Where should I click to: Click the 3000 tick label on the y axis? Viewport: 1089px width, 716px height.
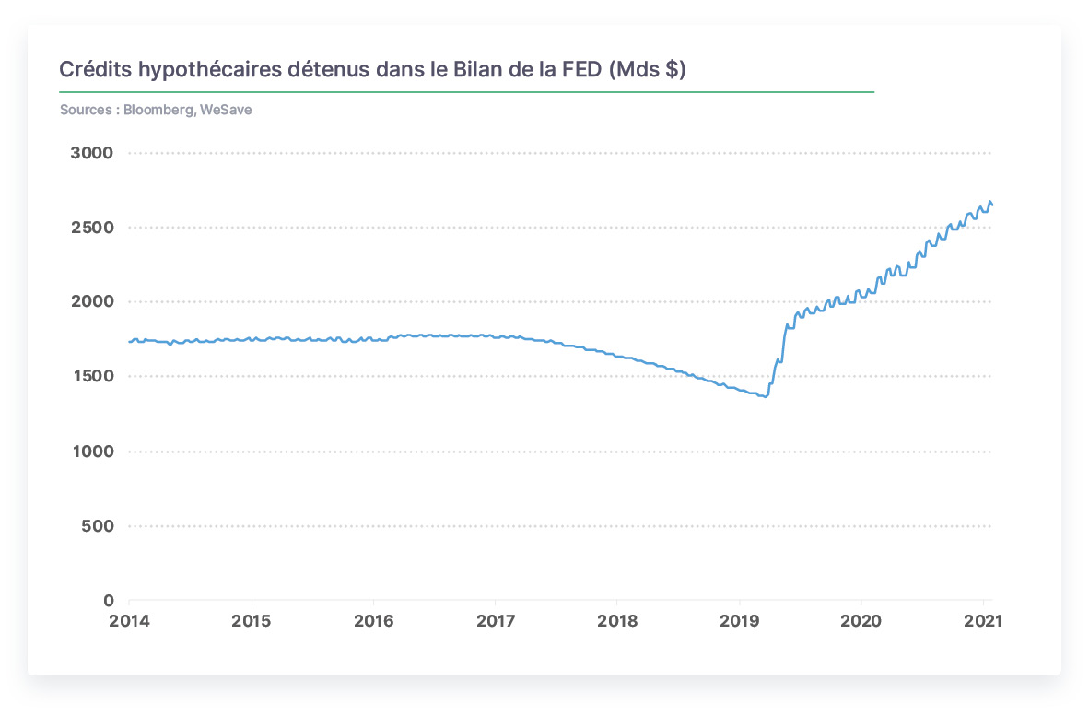click(x=92, y=153)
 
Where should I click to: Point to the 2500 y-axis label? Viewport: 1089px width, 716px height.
click(x=92, y=227)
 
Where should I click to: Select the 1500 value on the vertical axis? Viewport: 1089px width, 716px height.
click(x=92, y=376)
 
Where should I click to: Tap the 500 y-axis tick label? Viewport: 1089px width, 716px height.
click(x=98, y=526)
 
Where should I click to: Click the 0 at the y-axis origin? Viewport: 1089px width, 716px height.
click(x=109, y=600)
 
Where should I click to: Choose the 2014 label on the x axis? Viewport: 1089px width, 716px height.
click(x=129, y=621)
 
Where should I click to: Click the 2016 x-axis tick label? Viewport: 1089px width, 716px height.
click(x=374, y=621)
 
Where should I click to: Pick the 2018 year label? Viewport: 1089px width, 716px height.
click(x=617, y=621)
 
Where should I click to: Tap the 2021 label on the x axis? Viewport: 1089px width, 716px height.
click(x=983, y=621)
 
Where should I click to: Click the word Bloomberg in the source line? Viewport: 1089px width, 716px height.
click(x=158, y=110)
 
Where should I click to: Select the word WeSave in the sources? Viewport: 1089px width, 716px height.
click(x=226, y=110)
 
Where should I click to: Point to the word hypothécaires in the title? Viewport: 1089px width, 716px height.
click(x=210, y=70)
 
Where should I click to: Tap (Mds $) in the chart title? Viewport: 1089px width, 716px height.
click(x=648, y=69)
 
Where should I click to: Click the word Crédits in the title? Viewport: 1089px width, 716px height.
click(x=95, y=69)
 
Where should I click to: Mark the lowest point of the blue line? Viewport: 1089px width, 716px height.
click(x=766, y=397)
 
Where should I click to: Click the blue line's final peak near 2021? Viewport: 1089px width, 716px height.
click(x=990, y=202)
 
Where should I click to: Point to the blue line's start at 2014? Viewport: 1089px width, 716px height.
click(x=130, y=342)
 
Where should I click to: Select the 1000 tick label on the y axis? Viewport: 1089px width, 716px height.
click(x=92, y=452)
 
